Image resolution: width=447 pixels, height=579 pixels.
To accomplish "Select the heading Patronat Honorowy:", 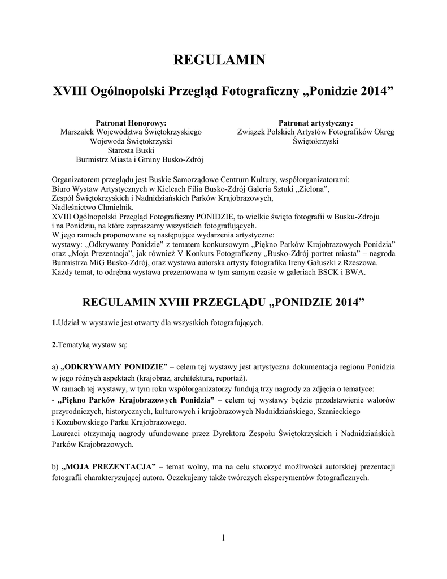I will point(131,123).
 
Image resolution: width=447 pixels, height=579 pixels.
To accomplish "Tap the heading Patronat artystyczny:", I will point(316,123).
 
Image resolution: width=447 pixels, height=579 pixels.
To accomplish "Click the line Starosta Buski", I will point(131,150).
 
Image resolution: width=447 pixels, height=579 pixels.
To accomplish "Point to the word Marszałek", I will point(77,132).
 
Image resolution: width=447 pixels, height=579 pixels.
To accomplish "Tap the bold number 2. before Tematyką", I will point(54,344).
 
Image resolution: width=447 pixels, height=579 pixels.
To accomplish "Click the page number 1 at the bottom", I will point(224,538).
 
